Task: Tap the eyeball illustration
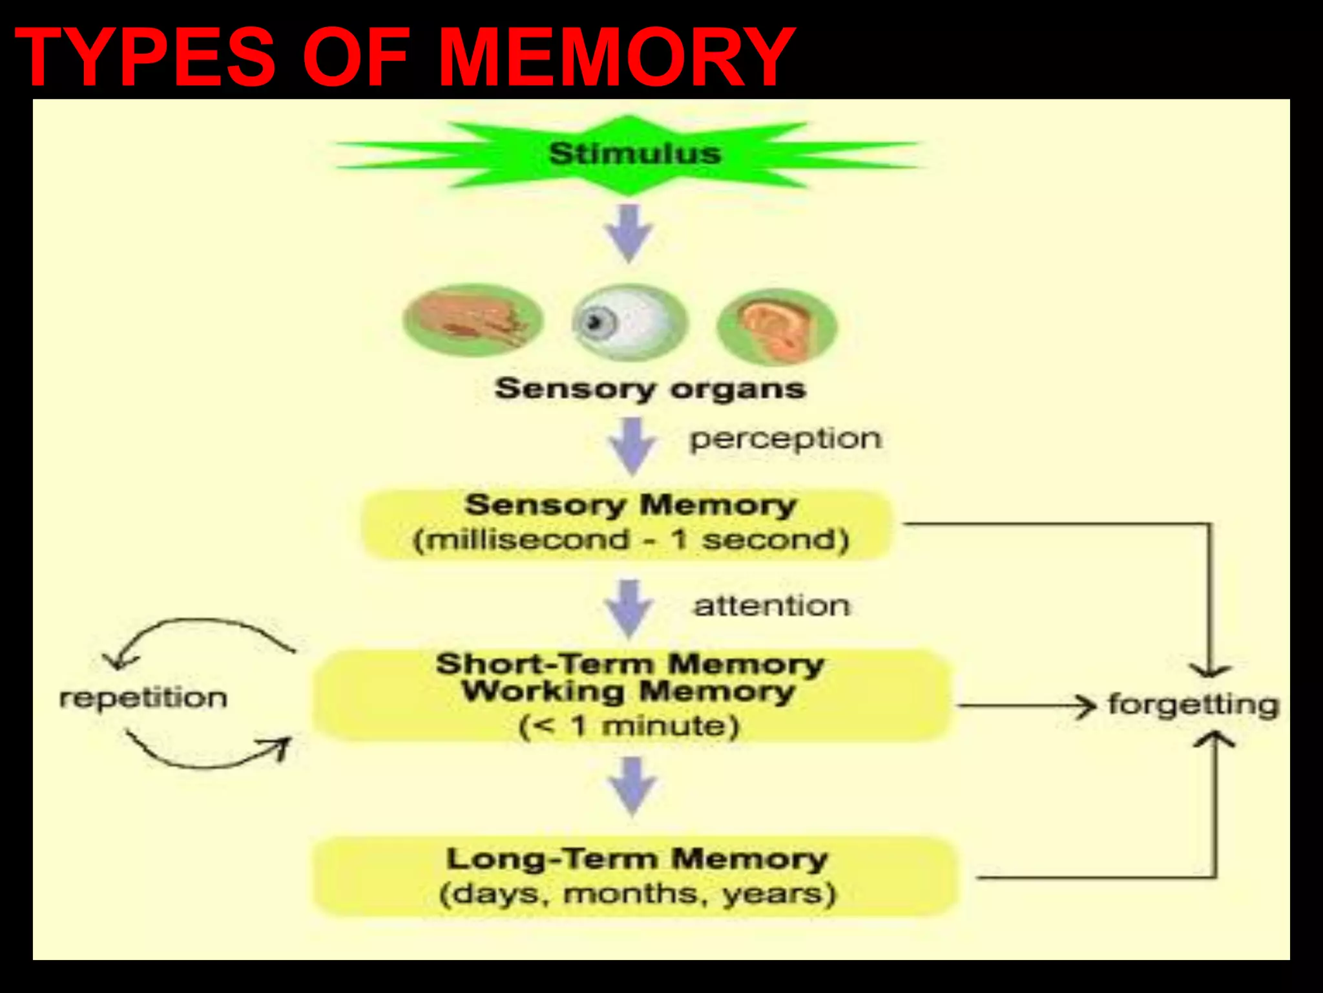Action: coord(628,322)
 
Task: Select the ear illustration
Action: coord(777,326)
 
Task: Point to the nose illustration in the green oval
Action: coord(473,320)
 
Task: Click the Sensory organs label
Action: coord(650,389)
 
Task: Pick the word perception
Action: coord(785,439)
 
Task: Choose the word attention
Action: coord(772,606)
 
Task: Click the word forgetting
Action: coord(1193,705)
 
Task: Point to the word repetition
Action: coord(143,698)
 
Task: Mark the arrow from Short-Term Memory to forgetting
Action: coord(1027,706)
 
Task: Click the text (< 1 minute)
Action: coord(629,726)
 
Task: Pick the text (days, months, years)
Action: coord(637,894)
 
